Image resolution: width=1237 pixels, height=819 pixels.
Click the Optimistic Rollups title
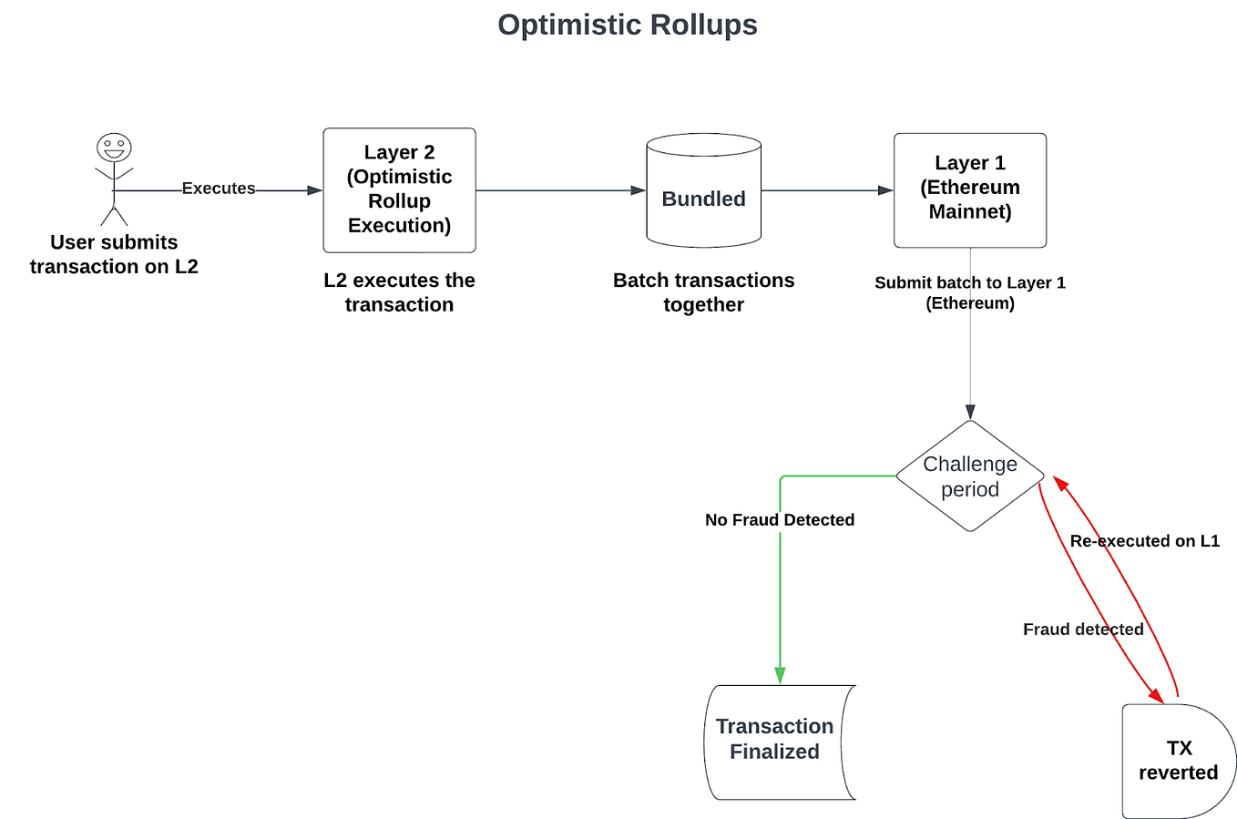pyautogui.click(x=627, y=25)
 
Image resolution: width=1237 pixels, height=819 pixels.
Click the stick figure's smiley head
pyautogui.click(x=114, y=147)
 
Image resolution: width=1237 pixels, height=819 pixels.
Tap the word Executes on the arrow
pyautogui.click(x=219, y=189)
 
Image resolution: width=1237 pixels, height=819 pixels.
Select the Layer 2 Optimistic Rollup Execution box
pyautogui.click(x=399, y=189)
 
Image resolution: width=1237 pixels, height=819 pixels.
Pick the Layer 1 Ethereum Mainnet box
pyautogui.click(x=969, y=189)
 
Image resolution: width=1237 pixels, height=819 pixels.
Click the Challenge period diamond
pyautogui.click(x=969, y=476)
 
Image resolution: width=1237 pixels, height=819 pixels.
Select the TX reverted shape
pyautogui.click(x=1177, y=760)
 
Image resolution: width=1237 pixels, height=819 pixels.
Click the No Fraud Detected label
pyautogui.click(x=780, y=520)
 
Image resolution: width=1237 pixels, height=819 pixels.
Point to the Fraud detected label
pyautogui.click(x=1082, y=630)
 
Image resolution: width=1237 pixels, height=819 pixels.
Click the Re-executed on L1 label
pyautogui.click(x=1144, y=541)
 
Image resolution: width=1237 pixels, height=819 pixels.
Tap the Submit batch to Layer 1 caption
pyautogui.click(x=969, y=292)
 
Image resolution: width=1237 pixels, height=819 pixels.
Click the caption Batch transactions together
pyautogui.click(x=703, y=292)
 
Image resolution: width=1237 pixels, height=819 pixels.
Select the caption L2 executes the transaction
pyautogui.click(x=399, y=292)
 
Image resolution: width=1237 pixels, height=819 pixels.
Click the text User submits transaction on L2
pyautogui.click(x=114, y=254)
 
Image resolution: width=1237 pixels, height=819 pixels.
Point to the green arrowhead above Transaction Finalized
pyautogui.click(x=780, y=675)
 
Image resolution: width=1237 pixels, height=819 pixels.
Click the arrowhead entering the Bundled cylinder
pyautogui.click(x=639, y=190)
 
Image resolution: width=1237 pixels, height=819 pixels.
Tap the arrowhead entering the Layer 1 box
pyautogui.click(x=885, y=190)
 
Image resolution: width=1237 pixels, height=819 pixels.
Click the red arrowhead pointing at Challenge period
pyautogui.click(x=1060, y=483)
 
